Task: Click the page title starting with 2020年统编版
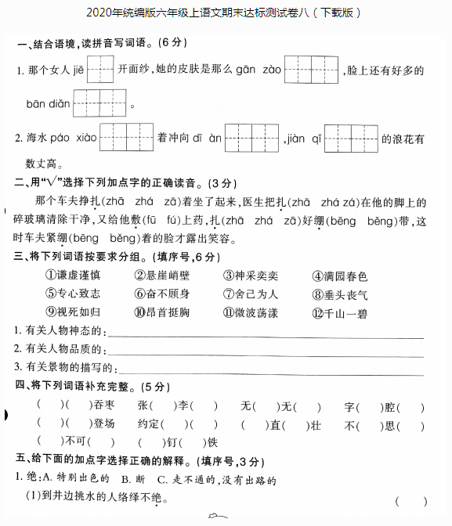(x=226, y=13)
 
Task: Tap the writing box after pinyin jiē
(x=100, y=70)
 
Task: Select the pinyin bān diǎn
(x=48, y=103)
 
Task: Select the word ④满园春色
(x=339, y=276)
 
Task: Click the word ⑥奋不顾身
(x=162, y=294)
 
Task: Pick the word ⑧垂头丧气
(x=339, y=294)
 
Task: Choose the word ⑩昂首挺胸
(x=162, y=312)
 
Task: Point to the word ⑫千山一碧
(x=339, y=312)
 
